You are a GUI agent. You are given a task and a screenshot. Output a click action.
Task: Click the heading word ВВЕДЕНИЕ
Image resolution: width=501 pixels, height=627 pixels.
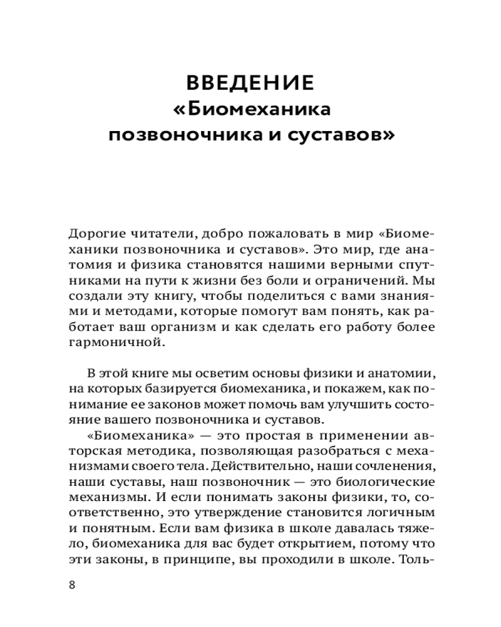click(x=250, y=84)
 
